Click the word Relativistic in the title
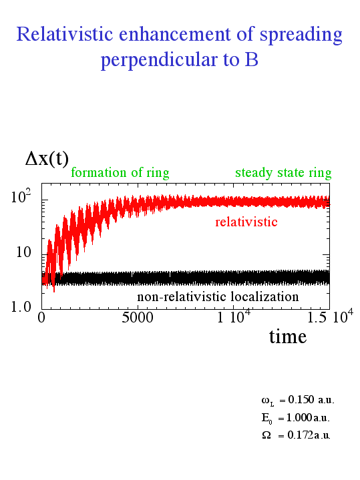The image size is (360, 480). coord(65,33)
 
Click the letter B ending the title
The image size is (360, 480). coord(252,59)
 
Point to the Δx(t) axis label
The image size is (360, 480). coord(47,159)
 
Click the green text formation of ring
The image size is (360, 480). coord(120,173)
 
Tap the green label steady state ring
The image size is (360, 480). coord(283,174)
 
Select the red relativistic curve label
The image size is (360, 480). coord(246,222)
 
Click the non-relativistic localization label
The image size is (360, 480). coord(218,296)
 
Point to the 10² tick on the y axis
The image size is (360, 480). coord(21,196)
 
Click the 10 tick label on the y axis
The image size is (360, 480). coord(23,252)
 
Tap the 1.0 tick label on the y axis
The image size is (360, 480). coord(21,307)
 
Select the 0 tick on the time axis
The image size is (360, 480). coord(41,318)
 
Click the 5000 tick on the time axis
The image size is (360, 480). coord(138,318)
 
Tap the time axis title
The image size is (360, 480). coord(288,336)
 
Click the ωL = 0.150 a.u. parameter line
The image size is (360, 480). coord(298,401)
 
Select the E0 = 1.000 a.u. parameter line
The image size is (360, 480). coord(296,418)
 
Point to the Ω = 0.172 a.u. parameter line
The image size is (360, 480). coord(296,435)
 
